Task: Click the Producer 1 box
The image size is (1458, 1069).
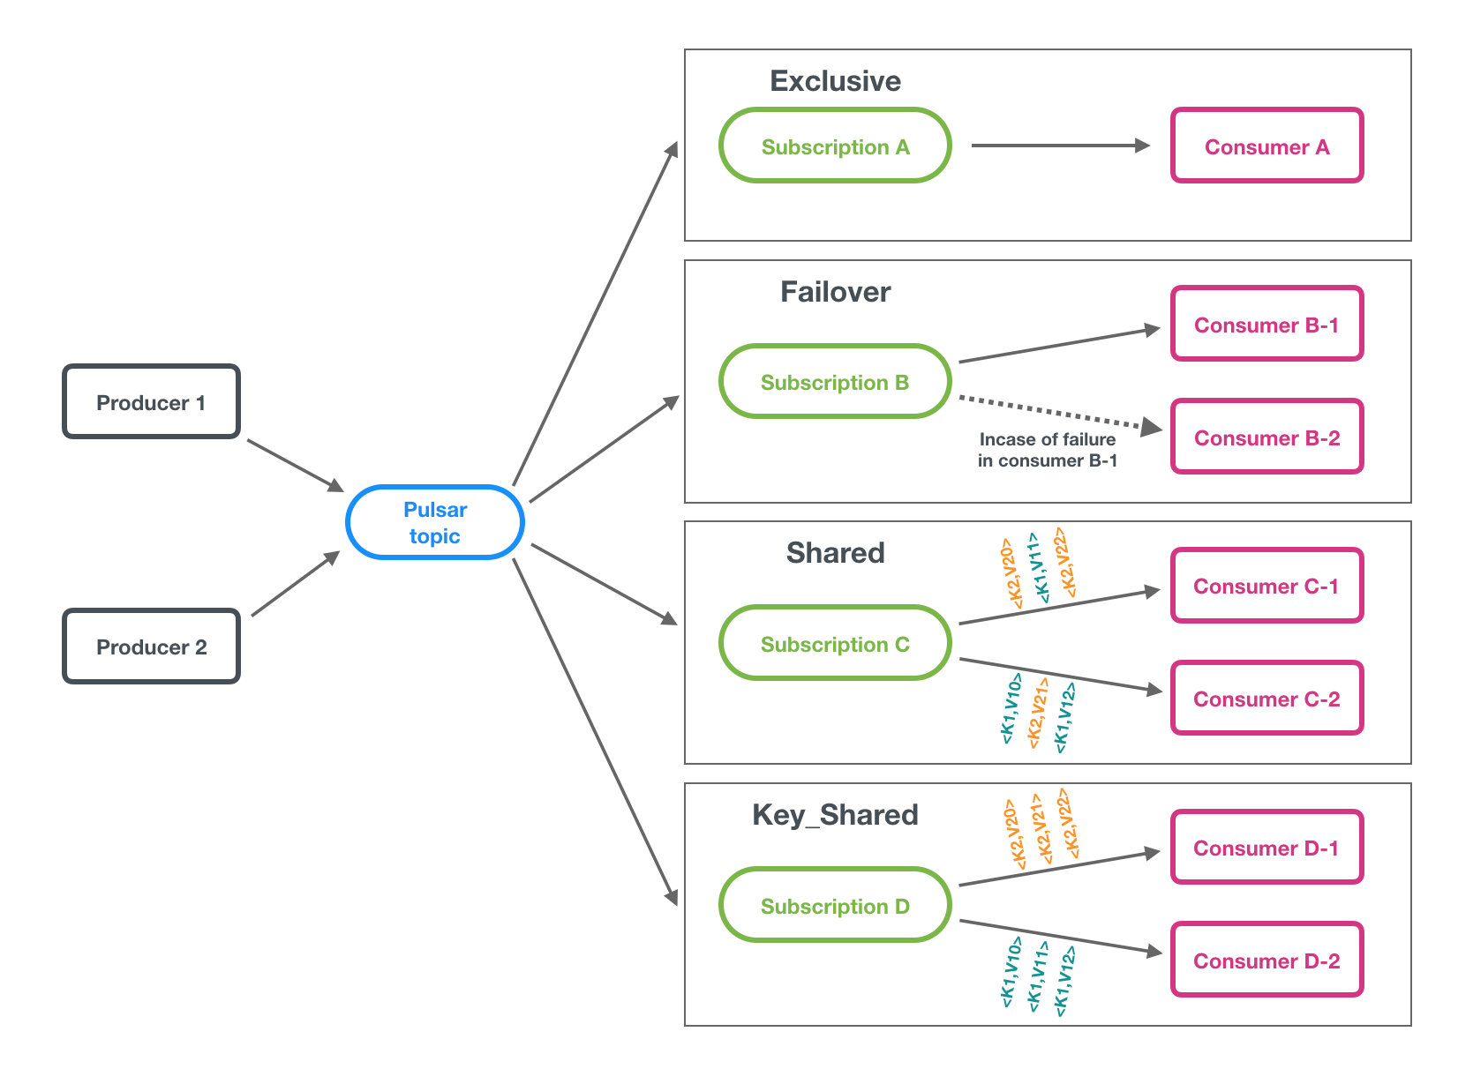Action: click(151, 402)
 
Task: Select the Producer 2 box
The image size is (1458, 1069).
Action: click(151, 647)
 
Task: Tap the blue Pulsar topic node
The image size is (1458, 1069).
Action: click(435, 522)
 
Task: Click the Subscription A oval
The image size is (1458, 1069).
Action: click(835, 146)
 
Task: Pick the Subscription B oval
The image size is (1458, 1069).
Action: click(835, 382)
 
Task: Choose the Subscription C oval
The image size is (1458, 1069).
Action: click(835, 644)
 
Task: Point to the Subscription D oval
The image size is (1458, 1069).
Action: click(835, 906)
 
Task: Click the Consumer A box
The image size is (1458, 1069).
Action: click(1266, 146)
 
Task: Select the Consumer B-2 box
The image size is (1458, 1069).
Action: click(1266, 437)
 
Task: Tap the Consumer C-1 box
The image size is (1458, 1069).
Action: click(1266, 586)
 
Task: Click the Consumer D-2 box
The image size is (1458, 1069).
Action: click(1266, 961)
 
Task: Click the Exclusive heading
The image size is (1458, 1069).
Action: click(835, 81)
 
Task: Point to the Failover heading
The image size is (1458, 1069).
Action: click(835, 292)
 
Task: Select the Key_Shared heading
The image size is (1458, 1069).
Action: click(835, 815)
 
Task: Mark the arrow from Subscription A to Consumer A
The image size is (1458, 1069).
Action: click(1059, 146)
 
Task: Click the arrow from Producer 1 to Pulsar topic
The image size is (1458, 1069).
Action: click(294, 465)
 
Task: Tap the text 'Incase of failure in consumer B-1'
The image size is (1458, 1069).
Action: click(1048, 450)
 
